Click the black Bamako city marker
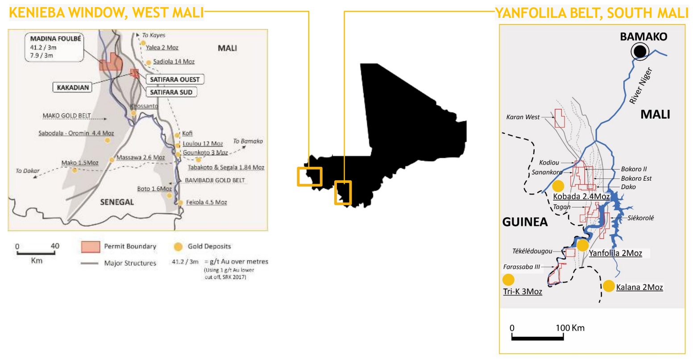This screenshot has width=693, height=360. (640, 52)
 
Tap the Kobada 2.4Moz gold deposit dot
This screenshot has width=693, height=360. (558, 186)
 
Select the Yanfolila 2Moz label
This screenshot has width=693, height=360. (615, 253)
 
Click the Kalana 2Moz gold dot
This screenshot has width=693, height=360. (609, 286)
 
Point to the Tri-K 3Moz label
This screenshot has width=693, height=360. (522, 292)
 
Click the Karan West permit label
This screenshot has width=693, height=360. (523, 117)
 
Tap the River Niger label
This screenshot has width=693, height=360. (641, 86)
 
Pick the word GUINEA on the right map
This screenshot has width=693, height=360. (525, 222)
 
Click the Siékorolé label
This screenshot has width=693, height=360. (640, 218)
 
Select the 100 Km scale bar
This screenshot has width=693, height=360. (537, 338)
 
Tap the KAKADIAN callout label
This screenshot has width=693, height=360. (73, 87)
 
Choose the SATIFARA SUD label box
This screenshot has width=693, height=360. (171, 92)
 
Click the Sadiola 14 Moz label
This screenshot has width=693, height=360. (174, 62)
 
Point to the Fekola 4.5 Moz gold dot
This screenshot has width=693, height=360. (180, 203)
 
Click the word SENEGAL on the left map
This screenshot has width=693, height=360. (117, 202)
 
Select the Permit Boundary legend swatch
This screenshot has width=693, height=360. (90, 247)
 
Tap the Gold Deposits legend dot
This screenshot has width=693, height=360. (178, 247)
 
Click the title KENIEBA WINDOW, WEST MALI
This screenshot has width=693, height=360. (106, 13)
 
